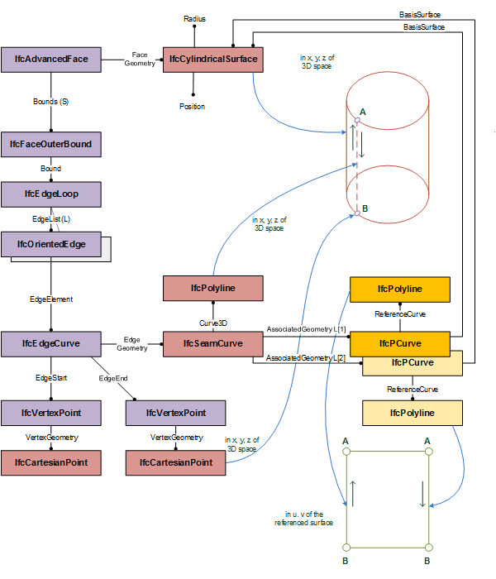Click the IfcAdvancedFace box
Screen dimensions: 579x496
point(50,60)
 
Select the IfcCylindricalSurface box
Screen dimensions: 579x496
point(212,60)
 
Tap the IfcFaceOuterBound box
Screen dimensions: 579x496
point(50,145)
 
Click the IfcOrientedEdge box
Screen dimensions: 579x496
point(50,245)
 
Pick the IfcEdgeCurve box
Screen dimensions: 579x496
point(50,343)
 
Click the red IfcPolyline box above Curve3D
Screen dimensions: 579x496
point(212,289)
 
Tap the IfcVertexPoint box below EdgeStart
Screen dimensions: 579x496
point(50,413)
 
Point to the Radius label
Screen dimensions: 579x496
point(193,17)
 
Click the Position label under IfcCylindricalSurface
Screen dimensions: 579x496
point(193,107)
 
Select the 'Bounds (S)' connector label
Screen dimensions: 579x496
point(50,102)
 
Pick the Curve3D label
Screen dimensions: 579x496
point(212,322)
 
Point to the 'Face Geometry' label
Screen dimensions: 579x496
point(137,60)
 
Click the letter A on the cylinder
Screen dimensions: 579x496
point(363,111)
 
